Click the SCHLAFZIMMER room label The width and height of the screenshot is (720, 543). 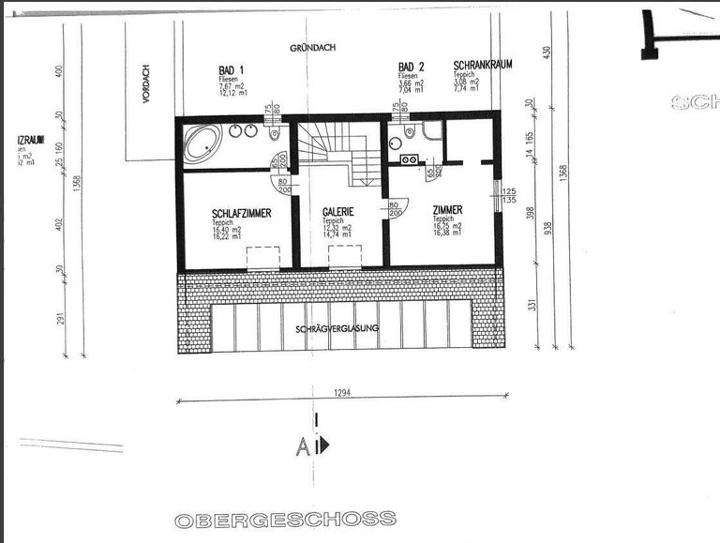241,214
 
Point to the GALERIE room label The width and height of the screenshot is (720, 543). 337,212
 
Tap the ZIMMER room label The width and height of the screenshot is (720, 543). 447,211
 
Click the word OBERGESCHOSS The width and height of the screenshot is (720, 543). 285,519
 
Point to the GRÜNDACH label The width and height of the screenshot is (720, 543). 312,47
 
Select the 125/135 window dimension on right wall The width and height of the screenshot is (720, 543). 510,195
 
